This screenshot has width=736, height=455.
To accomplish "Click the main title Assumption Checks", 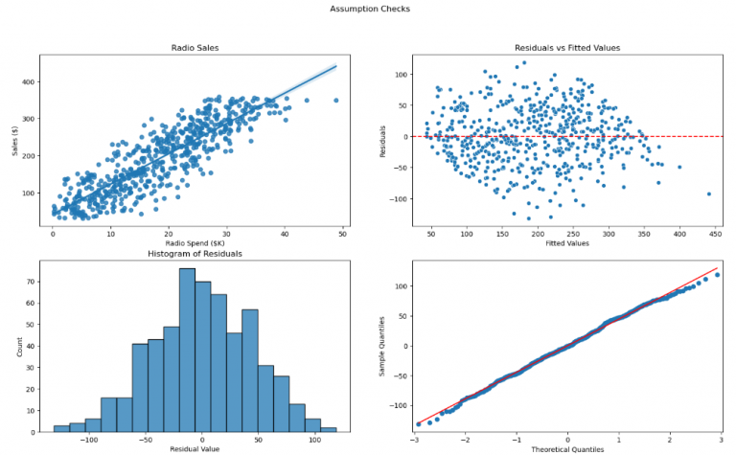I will click(369, 9).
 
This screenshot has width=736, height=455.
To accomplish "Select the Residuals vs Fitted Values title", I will click(567, 47).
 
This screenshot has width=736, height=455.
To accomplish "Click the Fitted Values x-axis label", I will click(567, 242).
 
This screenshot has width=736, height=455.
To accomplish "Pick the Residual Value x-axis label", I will click(195, 448).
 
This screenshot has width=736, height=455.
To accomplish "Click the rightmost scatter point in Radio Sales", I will click(335, 100).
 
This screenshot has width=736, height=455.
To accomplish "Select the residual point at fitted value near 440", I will click(709, 193).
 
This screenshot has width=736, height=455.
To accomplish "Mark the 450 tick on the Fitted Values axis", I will click(716, 232).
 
